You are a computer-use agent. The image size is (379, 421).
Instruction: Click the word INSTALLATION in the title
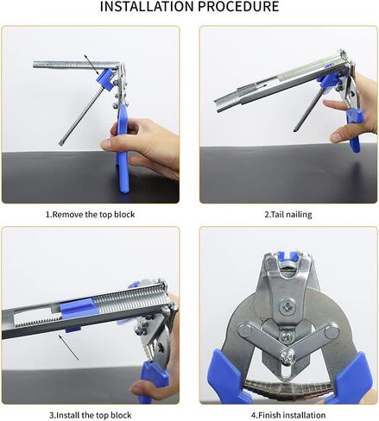coord(148,8)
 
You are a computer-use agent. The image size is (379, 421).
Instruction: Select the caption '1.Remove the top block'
coord(91,213)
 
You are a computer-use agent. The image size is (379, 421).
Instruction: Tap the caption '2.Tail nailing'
coord(287,213)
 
